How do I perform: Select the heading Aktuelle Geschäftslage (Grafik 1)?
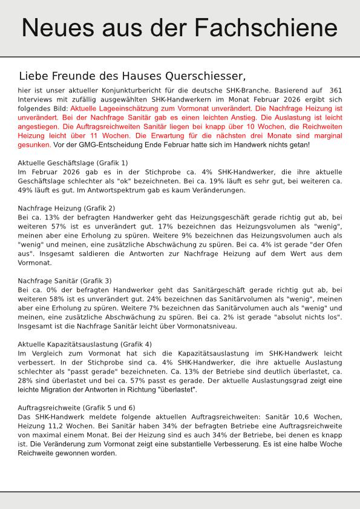(x=73, y=163)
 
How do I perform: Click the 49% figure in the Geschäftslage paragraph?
(x=26, y=190)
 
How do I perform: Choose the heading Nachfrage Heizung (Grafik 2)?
(x=67, y=209)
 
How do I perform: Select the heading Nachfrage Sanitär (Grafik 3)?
(x=65, y=281)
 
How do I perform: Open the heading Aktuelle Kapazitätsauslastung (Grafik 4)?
(x=85, y=345)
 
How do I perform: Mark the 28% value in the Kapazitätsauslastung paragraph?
(x=26, y=381)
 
